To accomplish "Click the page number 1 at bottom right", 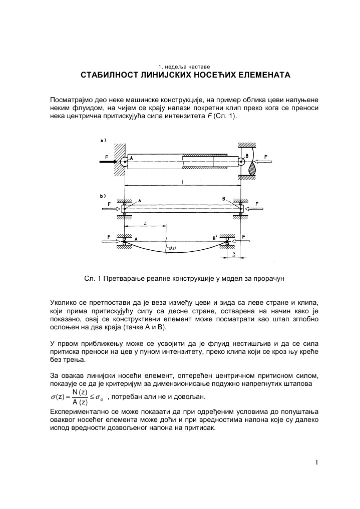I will tap(316, 461).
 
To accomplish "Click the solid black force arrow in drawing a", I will tap(112, 162).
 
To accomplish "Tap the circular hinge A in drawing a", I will tap(124, 161).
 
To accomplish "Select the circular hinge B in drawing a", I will tap(241, 161).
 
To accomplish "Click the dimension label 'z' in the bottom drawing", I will tap(145, 224).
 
